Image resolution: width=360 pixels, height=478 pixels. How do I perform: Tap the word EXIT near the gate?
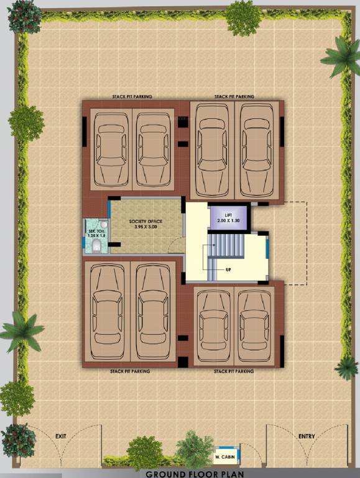tap(60, 436)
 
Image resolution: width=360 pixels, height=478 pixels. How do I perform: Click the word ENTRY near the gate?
tap(307, 436)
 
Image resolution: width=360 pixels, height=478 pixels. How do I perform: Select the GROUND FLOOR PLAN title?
tap(180, 473)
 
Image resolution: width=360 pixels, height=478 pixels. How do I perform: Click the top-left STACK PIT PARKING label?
tap(131, 97)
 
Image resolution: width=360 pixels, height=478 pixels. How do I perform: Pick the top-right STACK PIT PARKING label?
tap(234, 97)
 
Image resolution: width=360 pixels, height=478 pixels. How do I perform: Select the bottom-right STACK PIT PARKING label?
tap(234, 371)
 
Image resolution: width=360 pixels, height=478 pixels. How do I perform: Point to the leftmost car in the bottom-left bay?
tap(108, 311)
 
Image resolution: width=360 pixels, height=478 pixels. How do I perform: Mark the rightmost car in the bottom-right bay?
tap(255, 327)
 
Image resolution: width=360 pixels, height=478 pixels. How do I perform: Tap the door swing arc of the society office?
tap(177, 245)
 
